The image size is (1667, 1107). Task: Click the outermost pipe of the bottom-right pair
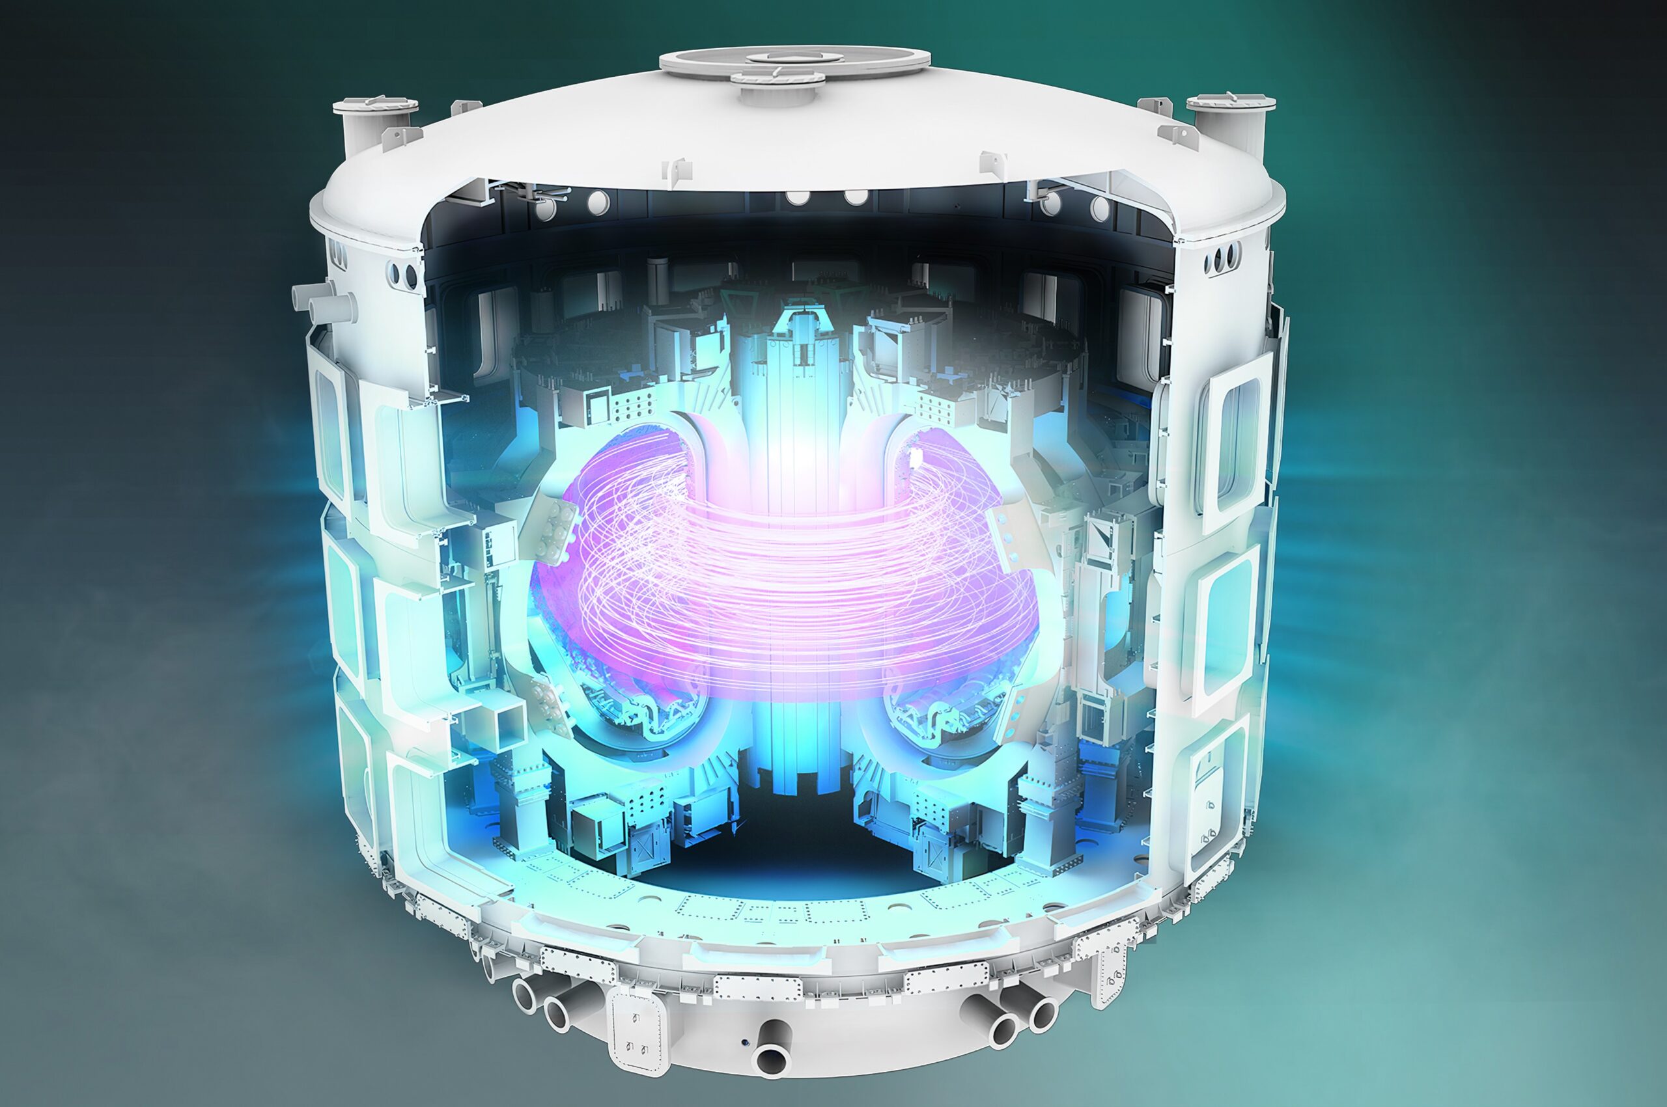(1041, 1015)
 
